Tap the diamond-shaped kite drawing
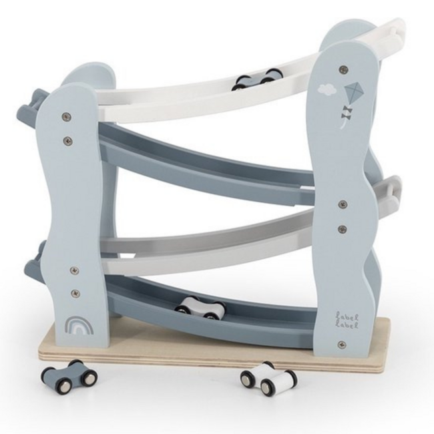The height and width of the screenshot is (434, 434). [353, 93]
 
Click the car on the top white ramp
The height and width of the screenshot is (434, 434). [254, 79]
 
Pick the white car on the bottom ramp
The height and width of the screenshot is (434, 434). [199, 308]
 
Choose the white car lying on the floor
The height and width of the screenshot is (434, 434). [269, 379]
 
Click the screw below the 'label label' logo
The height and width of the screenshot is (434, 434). [342, 345]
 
